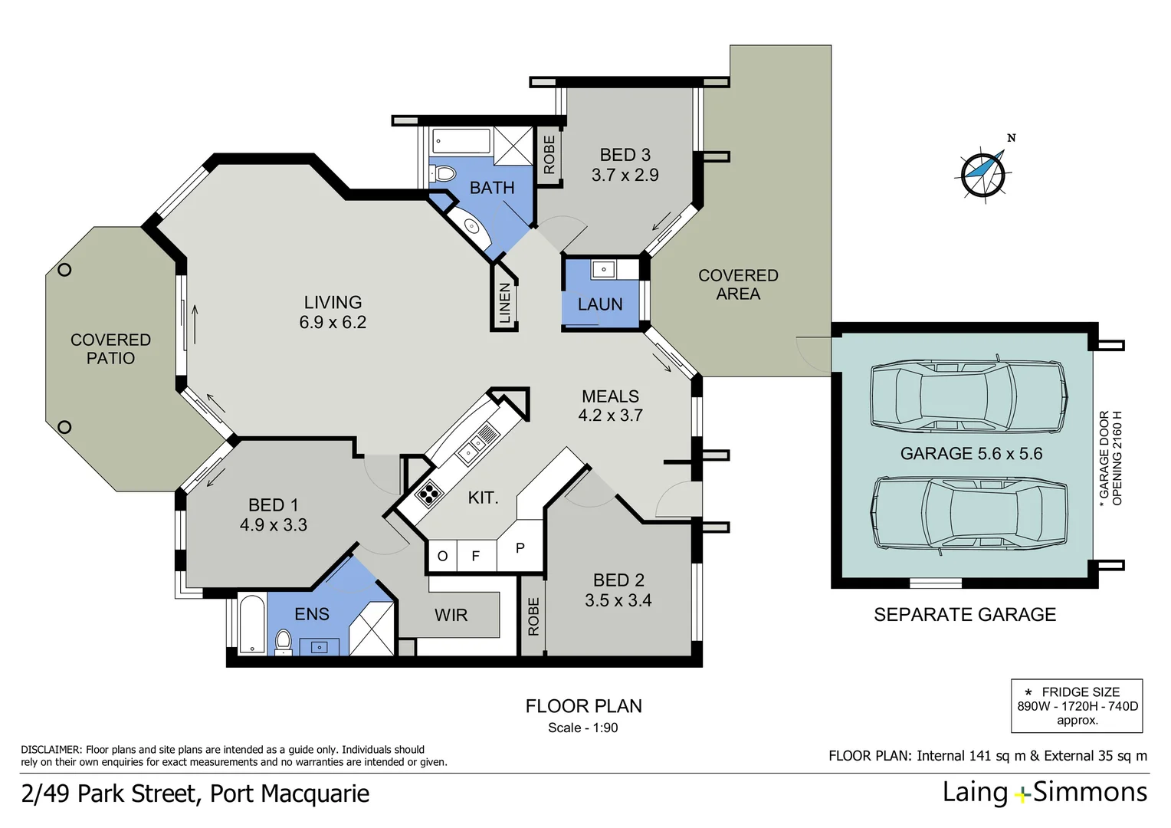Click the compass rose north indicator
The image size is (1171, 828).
click(983, 172)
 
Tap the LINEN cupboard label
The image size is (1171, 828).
click(504, 304)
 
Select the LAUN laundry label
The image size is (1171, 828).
click(600, 304)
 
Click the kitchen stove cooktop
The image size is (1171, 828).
click(428, 493)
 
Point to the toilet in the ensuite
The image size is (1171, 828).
click(283, 642)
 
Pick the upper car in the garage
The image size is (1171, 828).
click(968, 396)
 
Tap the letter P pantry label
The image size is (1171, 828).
click(520, 547)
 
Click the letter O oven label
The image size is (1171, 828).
click(442, 556)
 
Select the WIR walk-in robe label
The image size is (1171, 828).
click(451, 615)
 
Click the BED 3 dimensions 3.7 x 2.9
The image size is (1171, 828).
click(625, 175)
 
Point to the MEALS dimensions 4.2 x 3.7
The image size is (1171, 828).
click(611, 416)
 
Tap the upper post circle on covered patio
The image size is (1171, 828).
click(64, 271)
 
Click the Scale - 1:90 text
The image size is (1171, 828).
click(583, 728)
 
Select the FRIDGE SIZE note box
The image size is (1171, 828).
click(1077, 706)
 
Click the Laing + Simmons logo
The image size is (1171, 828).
click(1045, 793)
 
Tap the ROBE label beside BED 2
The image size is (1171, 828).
click(533, 616)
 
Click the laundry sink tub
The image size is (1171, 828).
click(604, 270)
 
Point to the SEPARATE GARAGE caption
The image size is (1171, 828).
click(965, 615)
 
